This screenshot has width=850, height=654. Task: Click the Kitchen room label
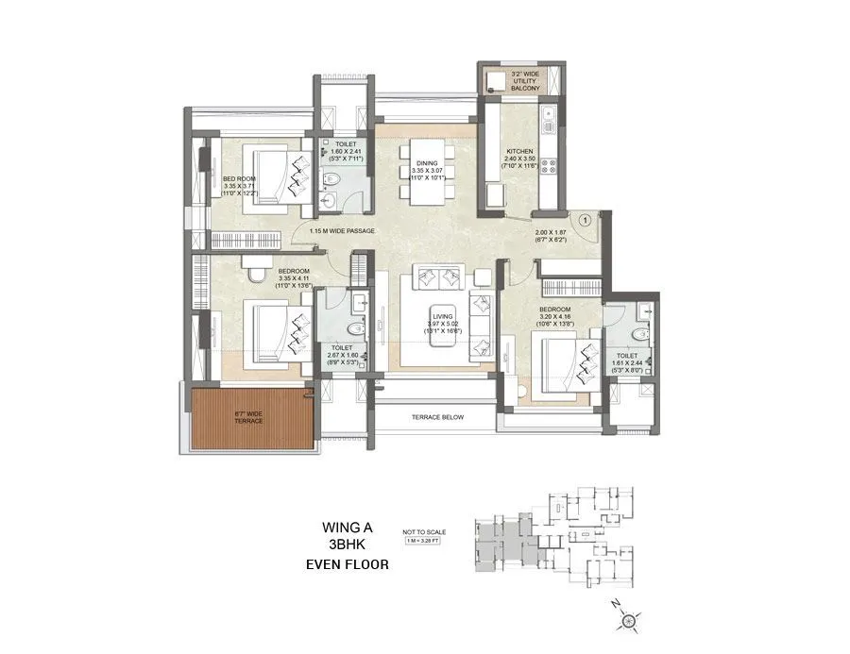coord(519,152)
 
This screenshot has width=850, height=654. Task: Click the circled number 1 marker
coord(585,220)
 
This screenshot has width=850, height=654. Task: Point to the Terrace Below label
coord(437,417)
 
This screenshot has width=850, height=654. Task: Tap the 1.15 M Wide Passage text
coord(342,231)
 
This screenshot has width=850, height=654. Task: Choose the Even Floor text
coord(346,564)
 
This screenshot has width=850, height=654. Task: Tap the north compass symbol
coord(630,620)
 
